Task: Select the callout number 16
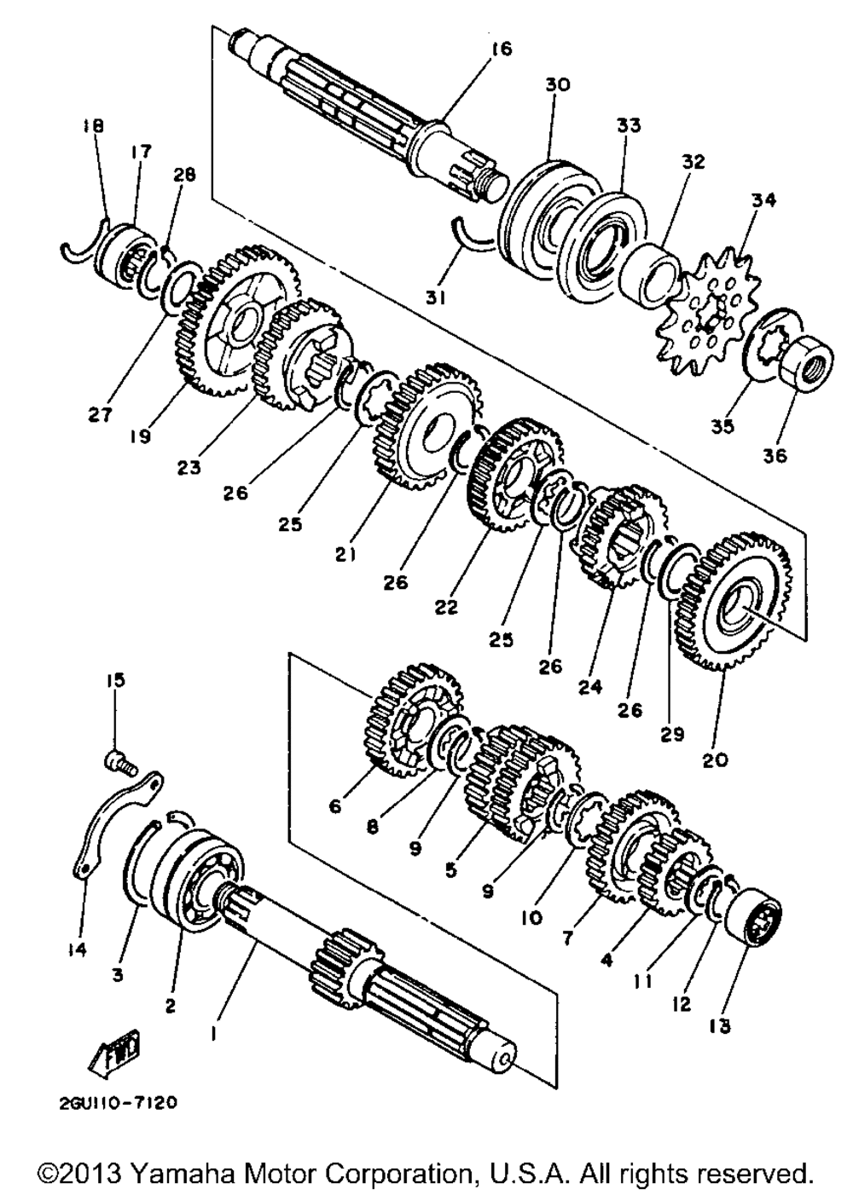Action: [x=502, y=49]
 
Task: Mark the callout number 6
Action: [x=334, y=805]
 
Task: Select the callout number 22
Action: [x=446, y=608]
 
